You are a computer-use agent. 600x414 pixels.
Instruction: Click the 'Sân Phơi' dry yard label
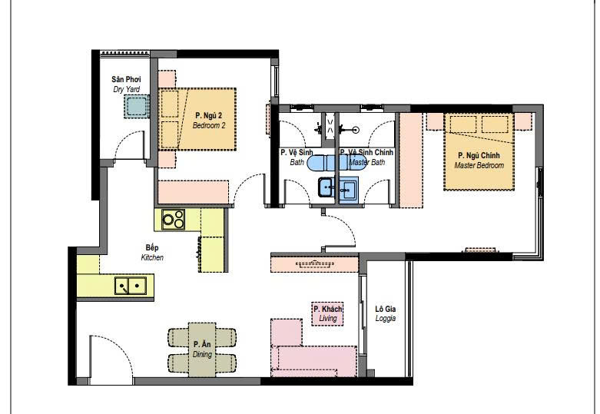(126, 80)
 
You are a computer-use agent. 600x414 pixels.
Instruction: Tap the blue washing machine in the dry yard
(136, 106)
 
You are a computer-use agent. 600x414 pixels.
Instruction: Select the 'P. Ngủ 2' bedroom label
(208, 115)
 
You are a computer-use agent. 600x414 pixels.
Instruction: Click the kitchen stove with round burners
(173, 220)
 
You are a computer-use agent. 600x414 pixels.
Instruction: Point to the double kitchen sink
(131, 286)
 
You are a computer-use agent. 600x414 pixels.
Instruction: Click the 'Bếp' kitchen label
(152, 247)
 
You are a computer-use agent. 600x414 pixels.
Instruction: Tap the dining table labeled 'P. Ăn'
(202, 349)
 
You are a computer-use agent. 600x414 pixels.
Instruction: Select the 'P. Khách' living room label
(328, 309)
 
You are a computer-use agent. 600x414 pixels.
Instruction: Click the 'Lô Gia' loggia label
(386, 309)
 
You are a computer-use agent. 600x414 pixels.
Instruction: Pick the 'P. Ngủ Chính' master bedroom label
(479, 155)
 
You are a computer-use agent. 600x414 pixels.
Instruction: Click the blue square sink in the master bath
(349, 189)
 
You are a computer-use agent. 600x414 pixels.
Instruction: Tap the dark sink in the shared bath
(326, 187)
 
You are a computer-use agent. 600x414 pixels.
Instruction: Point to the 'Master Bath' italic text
(367, 162)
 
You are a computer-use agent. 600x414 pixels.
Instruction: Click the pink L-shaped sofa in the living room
(306, 354)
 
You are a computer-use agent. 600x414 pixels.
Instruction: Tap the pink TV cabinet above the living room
(314, 264)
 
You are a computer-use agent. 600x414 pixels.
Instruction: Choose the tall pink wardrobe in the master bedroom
(410, 161)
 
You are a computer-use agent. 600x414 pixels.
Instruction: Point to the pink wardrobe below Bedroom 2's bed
(194, 192)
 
